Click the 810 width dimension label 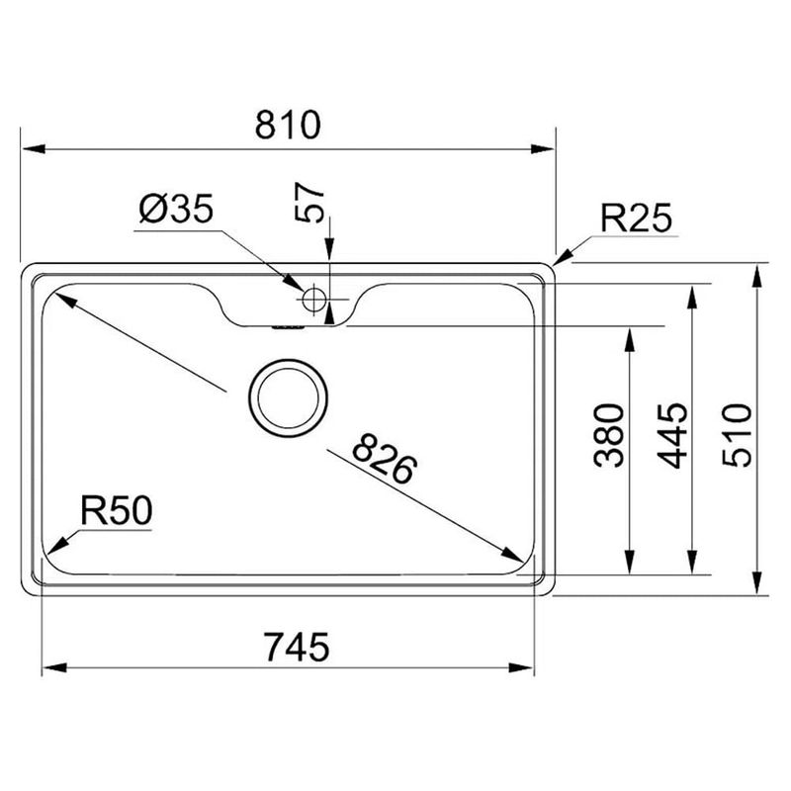pos(288,125)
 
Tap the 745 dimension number pos(298,648)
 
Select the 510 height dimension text pos(737,435)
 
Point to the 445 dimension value pos(672,436)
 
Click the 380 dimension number pos(609,435)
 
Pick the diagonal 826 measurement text pos(385,459)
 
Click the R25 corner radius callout pos(636,219)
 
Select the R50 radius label pos(116,510)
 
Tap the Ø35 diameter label pos(176,209)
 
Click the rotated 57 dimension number pos(308,202)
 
